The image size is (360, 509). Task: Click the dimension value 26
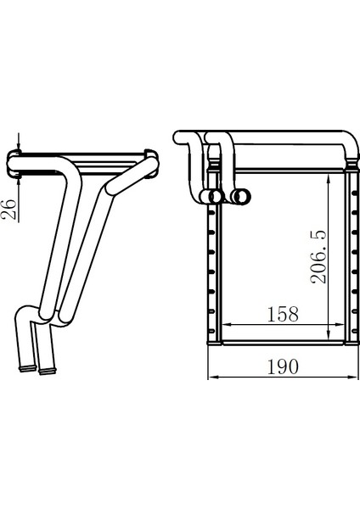point(8,210)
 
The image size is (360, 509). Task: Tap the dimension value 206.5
point(318,257)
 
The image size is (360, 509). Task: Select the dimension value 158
point(283,314)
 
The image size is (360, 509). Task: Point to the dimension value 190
point(283,366)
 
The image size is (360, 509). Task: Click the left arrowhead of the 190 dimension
point(213,377)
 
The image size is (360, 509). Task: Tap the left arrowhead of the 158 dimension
point(227,324)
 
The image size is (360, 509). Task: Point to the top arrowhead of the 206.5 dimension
point(329,178)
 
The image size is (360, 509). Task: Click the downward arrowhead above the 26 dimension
point(19,147)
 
